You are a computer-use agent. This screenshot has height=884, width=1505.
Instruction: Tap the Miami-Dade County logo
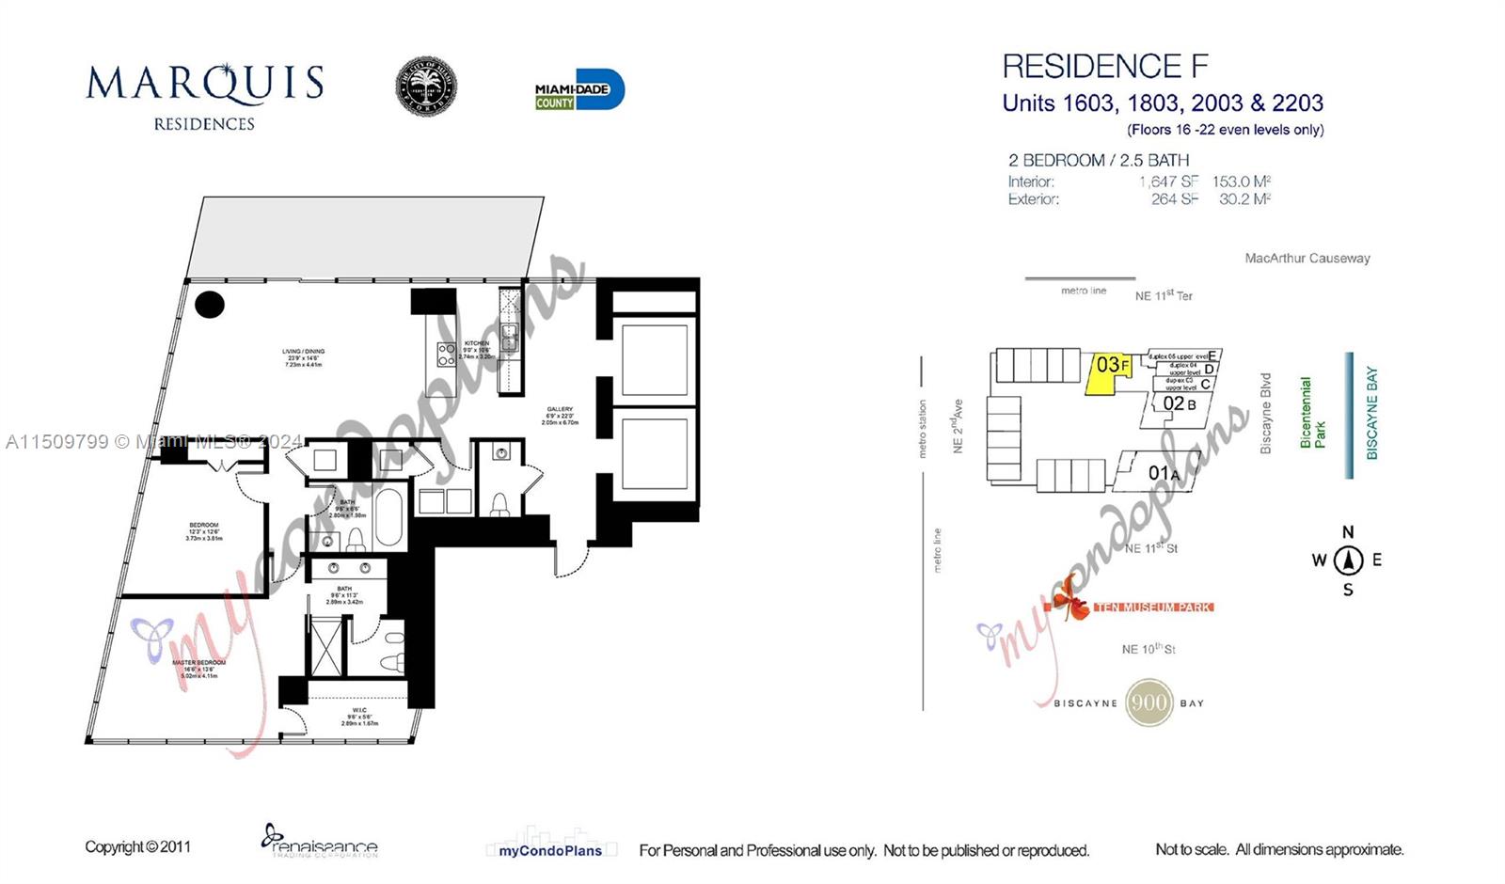point(578,90)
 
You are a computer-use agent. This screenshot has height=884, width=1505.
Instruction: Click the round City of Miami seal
point(425,87)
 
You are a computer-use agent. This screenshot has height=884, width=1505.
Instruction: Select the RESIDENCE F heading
point(1104,67)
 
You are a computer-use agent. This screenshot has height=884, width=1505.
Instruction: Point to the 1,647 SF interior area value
point(1168,182)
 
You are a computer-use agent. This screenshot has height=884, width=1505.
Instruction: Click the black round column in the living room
point(209,304)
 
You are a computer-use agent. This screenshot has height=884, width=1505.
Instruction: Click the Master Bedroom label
point(198,669)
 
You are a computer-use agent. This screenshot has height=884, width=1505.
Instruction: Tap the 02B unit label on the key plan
point(1179,404)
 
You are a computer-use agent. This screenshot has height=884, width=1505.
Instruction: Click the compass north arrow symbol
point(1348,560)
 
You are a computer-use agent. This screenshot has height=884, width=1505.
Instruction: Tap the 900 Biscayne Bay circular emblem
point(1149,702)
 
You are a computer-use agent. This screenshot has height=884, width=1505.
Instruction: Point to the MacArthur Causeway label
point(1307,258)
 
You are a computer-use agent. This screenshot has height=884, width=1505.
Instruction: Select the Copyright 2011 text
point(137,846)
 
